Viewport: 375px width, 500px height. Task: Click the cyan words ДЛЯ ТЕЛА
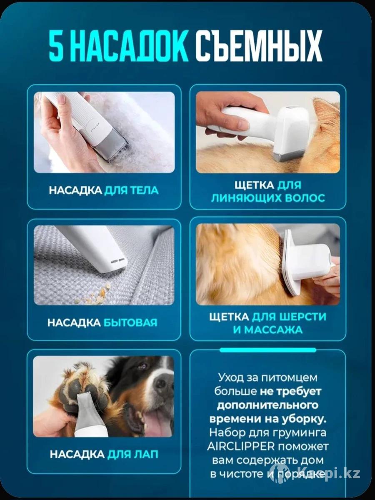click(x=131, y=190)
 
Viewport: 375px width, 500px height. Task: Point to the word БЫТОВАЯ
click(x=130, y=323)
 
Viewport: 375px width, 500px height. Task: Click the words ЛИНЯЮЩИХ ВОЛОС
click(x=268, y=198)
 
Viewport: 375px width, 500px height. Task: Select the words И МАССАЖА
click(x=268, y=330)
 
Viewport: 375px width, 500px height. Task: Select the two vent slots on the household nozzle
click(x=118, y=260)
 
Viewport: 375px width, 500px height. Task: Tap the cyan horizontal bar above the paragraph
click(x=268, y=350)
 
